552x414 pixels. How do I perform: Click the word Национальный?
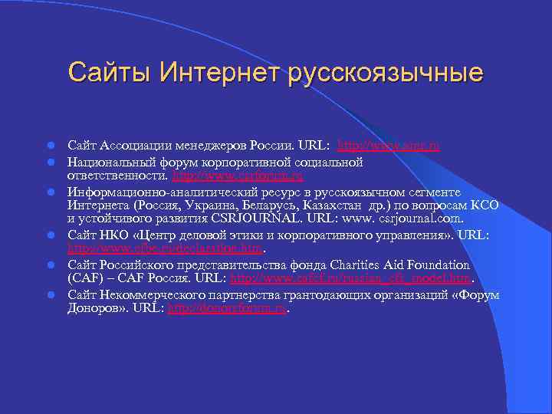click(110, 163)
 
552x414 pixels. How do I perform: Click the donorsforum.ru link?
click(227, 308)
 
